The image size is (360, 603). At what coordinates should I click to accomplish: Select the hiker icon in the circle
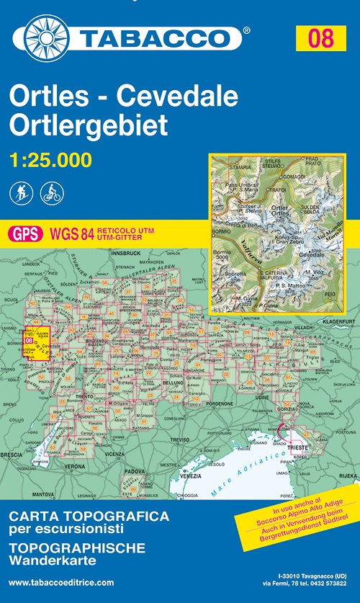coord(22,192)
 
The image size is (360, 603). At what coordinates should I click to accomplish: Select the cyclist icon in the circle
coord(52,192)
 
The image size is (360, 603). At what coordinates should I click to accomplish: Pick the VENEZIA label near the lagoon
coord(192,477)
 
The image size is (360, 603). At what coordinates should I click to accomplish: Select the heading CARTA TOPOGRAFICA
coord(89,516)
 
